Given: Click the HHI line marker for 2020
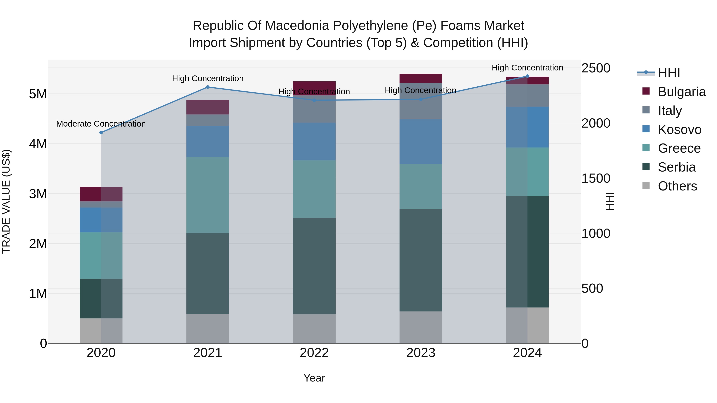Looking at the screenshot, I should coord(101,133).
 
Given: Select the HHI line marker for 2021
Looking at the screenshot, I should coord(208,87).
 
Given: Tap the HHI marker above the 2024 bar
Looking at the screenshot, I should coord(527,76).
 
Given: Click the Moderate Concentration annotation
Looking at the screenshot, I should coord(101,124).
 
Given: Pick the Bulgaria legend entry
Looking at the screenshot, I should coord(681,92).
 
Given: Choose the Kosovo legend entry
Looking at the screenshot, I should coord(679,130).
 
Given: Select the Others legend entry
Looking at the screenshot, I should coord(677,186).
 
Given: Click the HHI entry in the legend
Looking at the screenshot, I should coord(669,73).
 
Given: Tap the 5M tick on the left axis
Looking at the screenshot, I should coord(38,94).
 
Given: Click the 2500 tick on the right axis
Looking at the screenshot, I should coord(596,68).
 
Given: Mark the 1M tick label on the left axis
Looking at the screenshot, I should coord(38,293).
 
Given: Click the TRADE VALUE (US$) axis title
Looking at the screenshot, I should coord(6,201).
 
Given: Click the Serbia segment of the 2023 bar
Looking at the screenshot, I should coord(421,260).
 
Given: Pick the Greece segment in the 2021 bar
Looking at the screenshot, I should coord(208,195).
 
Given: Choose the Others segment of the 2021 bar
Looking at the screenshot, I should coord(208,328).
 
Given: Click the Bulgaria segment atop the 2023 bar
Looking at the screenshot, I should coord(421,78).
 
